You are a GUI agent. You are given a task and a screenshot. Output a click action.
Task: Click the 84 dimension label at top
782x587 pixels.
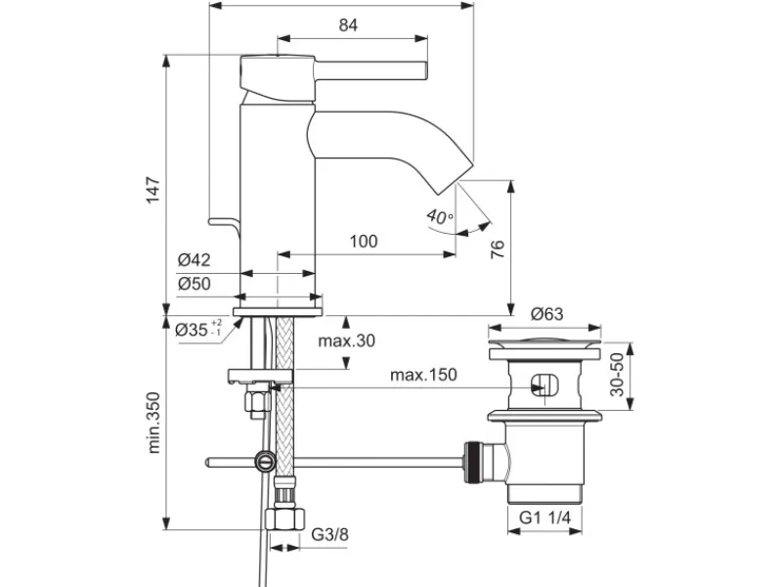click(x=348, y=24)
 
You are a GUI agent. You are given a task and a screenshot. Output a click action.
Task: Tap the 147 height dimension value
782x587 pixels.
click(x=153, y=190)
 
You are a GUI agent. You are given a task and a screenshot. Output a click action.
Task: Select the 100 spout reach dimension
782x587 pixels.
click(x=364, y=242)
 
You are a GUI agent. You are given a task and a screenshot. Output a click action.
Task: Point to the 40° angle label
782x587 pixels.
click(x=440, y=217)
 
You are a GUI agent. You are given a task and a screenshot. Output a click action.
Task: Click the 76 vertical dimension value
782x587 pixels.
click(x=498, y=249)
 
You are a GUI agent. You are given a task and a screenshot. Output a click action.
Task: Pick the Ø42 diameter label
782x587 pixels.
click(x=194, y=260)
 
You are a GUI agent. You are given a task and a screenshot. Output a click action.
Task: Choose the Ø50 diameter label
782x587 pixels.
click(x=194, y=284)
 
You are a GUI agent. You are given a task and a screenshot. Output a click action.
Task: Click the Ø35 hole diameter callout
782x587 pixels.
click(x=198, y=329)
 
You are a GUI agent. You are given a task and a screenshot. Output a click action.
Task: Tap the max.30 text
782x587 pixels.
click(x=347, y=340)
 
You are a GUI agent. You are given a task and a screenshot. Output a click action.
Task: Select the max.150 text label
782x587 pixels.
click(x=423, y=375)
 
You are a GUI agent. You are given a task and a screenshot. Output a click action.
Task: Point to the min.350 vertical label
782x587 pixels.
click(x=153, y=423)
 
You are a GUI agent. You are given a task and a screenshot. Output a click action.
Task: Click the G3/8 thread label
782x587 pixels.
click(x=329, y=534)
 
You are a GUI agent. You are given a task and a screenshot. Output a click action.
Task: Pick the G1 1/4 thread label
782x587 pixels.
click(x=544, y=518)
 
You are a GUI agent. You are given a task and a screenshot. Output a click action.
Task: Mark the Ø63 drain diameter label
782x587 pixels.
click(x=546, y=314)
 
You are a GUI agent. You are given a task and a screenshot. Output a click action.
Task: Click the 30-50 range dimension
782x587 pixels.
click(x=617, y=375)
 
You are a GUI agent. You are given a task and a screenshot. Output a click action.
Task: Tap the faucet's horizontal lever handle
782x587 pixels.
click(x=370, y=70)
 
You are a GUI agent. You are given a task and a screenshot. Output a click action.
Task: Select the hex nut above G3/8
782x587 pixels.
click(x=284, y=519)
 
